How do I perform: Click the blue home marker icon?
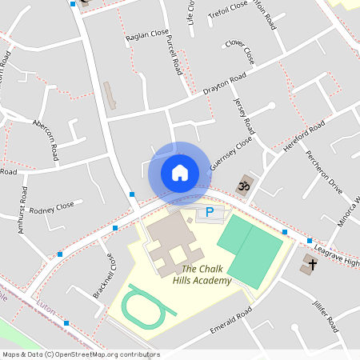click(x=180, y=172)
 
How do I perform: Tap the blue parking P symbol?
click(x=210, y=212)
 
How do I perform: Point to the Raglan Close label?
click(x=147, y=36)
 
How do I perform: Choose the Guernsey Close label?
click(x=230, y=152)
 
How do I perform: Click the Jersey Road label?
click(x=242, y=116)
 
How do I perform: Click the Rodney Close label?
click(x=51, y=206)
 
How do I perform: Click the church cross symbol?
click(x=310, y=263)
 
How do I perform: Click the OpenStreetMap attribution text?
click(x=80, y=354)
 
